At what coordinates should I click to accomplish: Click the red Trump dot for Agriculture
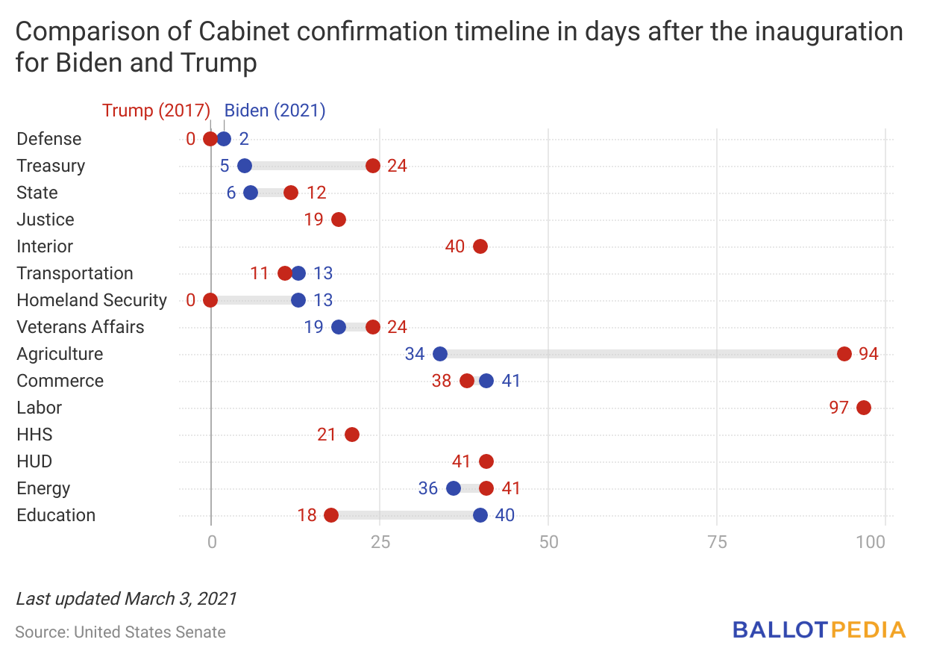click(x=844, y=354)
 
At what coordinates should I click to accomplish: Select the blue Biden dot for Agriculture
click(x=440, y=354)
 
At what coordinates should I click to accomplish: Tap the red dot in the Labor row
click(x=864, y=408)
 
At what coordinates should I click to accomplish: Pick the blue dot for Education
click(x=480, y=515)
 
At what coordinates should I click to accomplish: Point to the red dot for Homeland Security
click(x=210, y=300)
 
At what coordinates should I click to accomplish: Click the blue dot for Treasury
click(x=245, y=166)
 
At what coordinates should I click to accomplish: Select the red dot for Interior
click(x=480, y=246)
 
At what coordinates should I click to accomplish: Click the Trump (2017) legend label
click(x=156, y=110)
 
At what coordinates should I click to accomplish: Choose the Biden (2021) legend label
click(x=275, y=110)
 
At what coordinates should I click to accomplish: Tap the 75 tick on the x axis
click(x=717, y=542)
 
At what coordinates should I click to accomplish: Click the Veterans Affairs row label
click(x=81, y=327)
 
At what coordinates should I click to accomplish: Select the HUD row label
click(x=34, y=461)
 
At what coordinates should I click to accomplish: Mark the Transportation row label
click(x=75, y=273)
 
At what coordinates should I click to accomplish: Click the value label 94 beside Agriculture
click(x=868, y=354)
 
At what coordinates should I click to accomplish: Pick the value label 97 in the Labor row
click(x=838, y=408)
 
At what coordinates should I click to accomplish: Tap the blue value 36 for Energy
click(x=428, y=488)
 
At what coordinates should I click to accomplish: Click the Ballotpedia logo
click(x=819, y=629)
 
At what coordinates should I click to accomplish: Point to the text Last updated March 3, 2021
click(x=126, y=598)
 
